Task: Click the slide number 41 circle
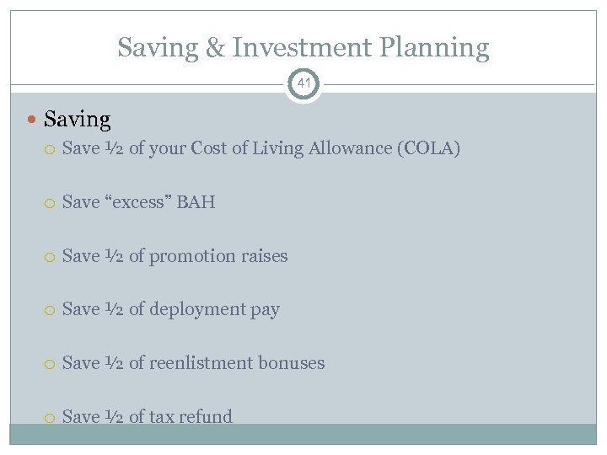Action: (303, 84)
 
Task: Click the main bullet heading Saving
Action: (77, 120)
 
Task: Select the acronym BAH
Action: (196, 202)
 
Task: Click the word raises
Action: (262, 256)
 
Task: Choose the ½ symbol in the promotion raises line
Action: (115, 256)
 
